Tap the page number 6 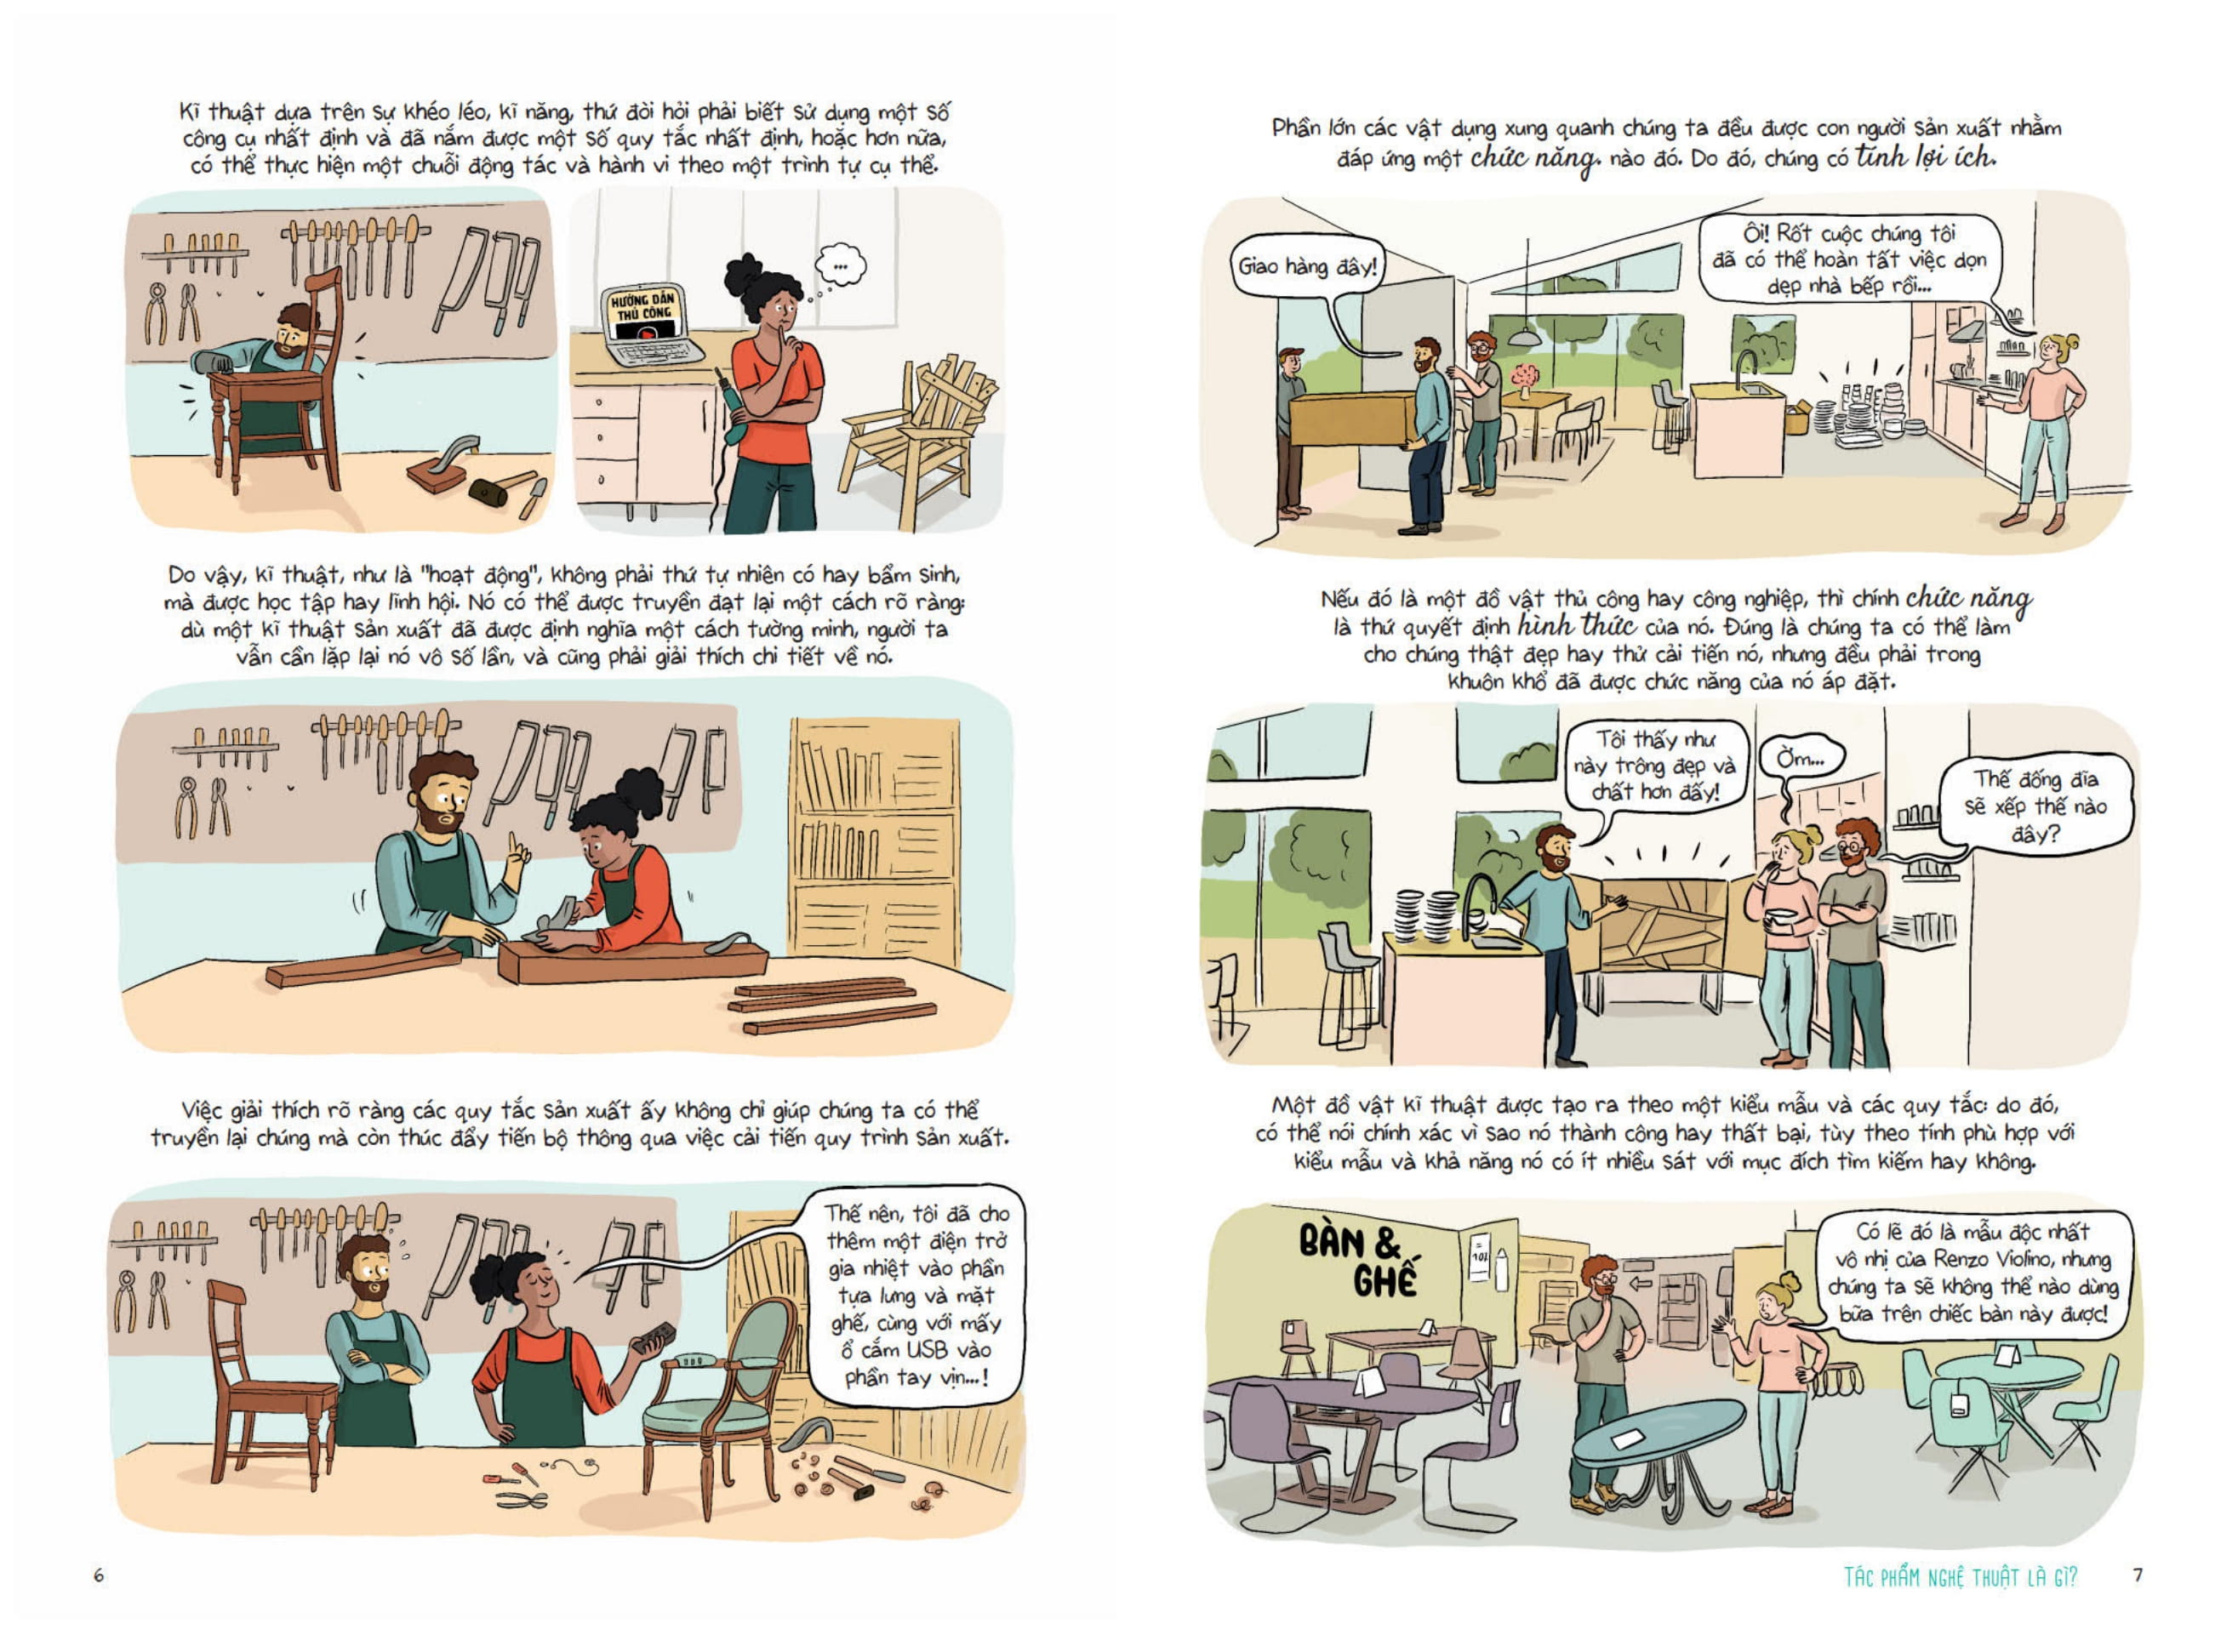(x=98, y=1575)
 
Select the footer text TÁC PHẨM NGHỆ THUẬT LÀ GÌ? (x=1961, y=1576)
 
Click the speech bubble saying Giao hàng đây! (x=1306, y=266)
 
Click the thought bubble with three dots (x=841, y=265)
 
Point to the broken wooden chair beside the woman (x=918, y=436)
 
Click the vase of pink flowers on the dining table (x=1524, y=380)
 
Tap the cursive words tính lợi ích (x=1925, y=157)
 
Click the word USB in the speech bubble (x=927, y=1349)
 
